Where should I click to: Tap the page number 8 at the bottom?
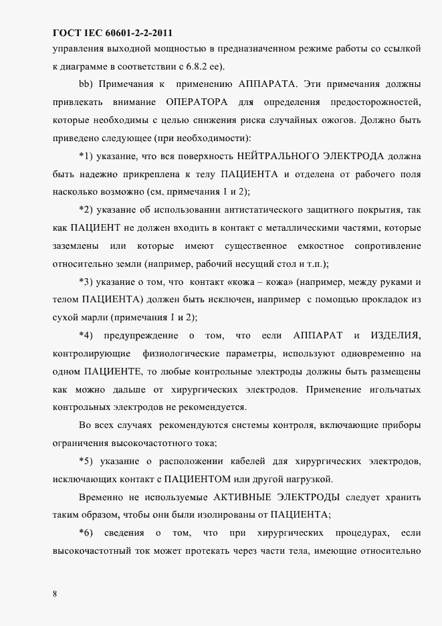55,593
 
